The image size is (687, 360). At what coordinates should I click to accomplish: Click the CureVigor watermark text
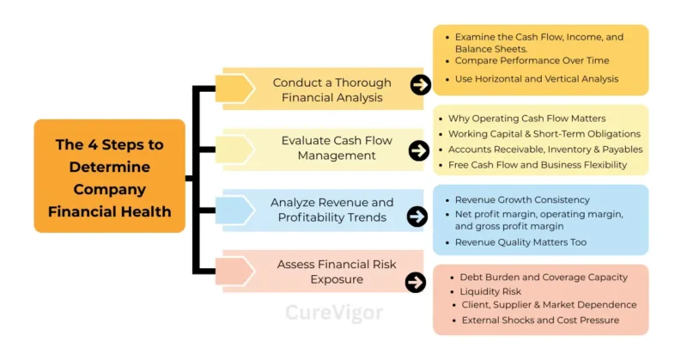click(334, 313)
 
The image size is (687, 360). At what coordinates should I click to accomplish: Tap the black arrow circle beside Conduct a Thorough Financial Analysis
click(420, 84)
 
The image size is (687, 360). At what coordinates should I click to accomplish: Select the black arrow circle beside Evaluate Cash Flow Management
click(418, 150)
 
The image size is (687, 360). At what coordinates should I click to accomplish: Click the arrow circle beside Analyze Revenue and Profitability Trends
click(417, 217)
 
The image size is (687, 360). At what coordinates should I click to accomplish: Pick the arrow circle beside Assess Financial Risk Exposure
click(416, 282)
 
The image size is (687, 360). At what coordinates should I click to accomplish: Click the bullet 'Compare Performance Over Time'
click(533, 61)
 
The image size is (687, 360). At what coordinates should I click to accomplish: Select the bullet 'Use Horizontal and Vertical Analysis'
click(537, 79)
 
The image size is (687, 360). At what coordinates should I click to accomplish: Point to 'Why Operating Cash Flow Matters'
click(527, 118)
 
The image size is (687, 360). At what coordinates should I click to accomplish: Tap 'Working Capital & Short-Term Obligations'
click(544, 133)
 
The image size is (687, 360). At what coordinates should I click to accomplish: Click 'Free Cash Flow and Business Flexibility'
click(538, 164)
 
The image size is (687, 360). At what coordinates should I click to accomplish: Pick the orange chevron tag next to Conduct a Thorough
click(234, 88)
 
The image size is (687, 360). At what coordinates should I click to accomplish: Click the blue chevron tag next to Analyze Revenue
click(234, 210)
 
